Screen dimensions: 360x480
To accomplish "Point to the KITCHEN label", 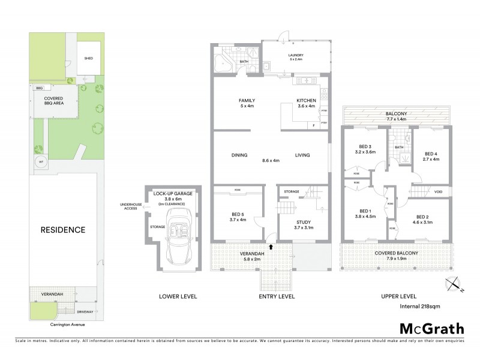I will [x=306, y=100].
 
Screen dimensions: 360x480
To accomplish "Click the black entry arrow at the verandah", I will [x=270, y=246].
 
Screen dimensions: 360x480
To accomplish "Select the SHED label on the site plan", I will [x=89, y=58].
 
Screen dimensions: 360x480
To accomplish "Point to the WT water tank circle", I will [x=41, y=163].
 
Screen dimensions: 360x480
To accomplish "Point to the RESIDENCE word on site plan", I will [x=62, y=230].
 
